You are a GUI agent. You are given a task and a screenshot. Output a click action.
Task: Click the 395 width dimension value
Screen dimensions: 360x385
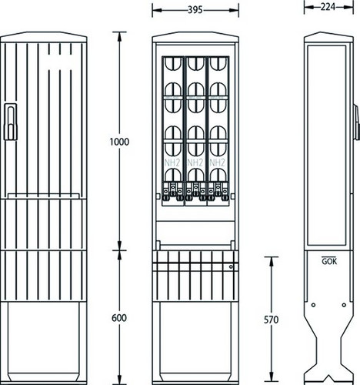pos(195,10)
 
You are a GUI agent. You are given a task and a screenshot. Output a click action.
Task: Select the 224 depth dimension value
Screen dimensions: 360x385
pos(328,7)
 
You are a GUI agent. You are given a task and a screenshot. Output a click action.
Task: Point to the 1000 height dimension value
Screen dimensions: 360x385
pos(119,142)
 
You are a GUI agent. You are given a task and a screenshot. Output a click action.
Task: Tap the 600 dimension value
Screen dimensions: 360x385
pos(119,318)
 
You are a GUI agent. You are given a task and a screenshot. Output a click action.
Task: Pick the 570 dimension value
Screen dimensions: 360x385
pos(271,320)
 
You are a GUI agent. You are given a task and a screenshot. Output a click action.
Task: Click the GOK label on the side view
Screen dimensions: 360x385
pos(329,261)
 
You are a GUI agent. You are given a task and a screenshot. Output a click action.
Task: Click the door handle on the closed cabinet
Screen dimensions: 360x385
pos(11,122)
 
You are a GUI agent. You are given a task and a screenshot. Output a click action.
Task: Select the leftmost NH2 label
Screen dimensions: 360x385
pos(172,162)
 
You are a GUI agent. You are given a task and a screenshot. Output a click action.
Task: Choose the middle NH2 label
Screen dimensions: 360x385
pos(195,162)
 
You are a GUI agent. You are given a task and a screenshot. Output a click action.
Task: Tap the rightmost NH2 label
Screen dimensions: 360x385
pos(217,162)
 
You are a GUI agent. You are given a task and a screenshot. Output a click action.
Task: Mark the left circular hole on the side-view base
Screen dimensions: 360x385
pos(313,305)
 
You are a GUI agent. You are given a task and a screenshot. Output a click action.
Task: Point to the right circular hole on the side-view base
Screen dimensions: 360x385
pos(344,305)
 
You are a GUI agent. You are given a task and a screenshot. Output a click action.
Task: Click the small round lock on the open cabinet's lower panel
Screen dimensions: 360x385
pos(231,267)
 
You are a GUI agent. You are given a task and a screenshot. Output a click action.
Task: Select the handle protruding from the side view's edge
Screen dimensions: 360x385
pos(356,122)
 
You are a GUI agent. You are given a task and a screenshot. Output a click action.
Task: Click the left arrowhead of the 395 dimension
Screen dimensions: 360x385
pos(157,10)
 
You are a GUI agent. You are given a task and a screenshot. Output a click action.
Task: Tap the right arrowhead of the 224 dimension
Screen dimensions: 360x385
pos(348,7)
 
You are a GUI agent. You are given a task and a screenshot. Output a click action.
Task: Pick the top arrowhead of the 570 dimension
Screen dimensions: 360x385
pos(271,261)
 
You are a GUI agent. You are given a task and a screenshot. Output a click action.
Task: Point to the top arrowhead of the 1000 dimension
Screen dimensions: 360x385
pos(119,37)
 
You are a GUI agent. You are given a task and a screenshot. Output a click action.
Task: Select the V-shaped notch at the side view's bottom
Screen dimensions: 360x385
pos(328,378)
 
